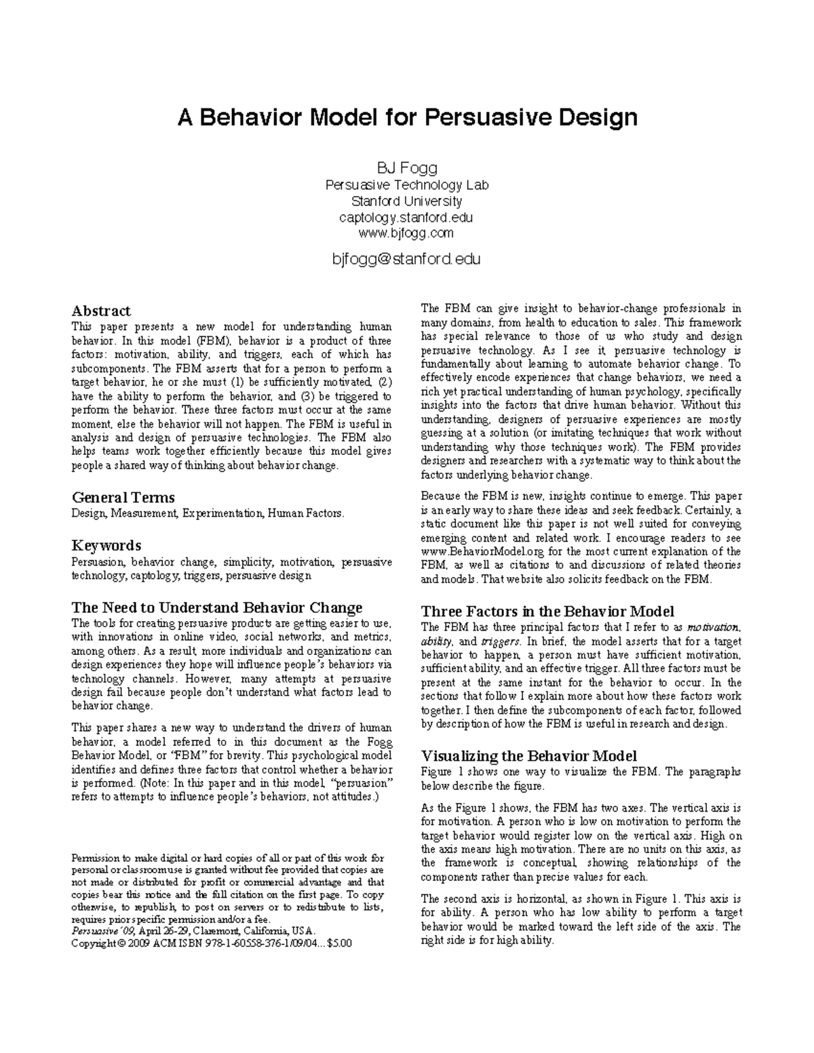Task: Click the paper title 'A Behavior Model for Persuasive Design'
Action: click(407, 118)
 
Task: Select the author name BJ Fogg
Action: click(407, 167)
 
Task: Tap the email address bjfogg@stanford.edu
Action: click(407, 259)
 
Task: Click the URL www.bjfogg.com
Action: click(407, 234)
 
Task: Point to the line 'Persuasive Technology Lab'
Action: click(407, 185)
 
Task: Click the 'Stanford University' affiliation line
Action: click(407, 201)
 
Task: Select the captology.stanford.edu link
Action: click(407, 218)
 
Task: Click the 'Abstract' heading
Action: click(101, 311)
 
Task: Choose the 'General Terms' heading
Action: click(123, 497)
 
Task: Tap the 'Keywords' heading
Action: click(106, 546)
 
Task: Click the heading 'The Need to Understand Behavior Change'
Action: click(217, 607)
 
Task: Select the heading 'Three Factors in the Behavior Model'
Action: click(547, 611)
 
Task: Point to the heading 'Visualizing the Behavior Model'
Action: click(529, 756)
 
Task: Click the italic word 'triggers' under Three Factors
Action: click(501, 641)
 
